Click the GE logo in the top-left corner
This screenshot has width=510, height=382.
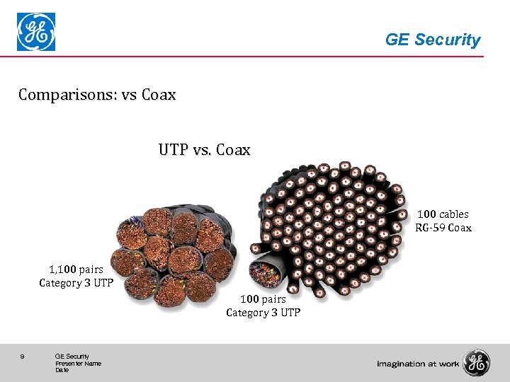[36, 33]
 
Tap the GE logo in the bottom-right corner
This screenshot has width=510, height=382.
[475, 363]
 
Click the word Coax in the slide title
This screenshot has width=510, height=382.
[159, 94]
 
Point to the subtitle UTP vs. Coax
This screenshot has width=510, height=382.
[204, 150]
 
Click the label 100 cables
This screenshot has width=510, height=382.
[443, 214]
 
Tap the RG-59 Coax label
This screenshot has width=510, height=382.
[443, 228]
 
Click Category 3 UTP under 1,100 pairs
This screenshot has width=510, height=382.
[71, 283]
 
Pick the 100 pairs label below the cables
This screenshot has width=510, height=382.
[263, 299]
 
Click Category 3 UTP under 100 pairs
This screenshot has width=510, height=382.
[263, 313]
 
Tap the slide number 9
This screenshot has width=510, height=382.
[23, 357]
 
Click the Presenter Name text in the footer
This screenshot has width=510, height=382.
[78, 364]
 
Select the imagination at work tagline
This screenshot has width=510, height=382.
[418, 364]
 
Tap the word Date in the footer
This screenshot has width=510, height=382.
[62, 370]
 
